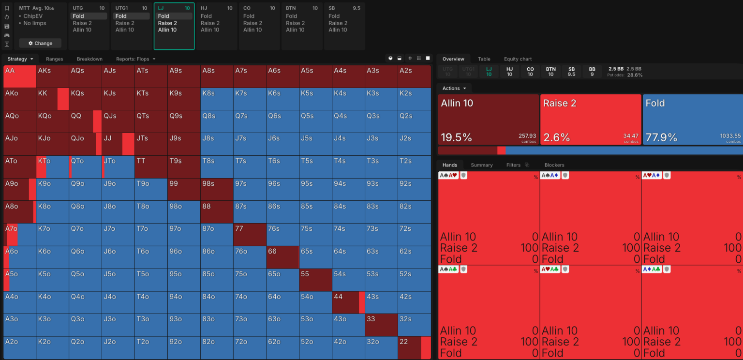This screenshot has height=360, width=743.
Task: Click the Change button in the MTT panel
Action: pos(40,43)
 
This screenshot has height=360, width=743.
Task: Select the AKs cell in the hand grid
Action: pos(52,76)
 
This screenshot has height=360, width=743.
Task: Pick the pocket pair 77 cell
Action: pos(250,235)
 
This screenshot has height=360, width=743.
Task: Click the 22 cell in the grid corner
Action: pos(414,348)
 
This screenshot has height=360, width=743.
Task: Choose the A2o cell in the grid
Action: pos(19,348)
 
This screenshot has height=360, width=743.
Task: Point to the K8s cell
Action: pos(217,99)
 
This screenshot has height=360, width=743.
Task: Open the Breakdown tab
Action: pos(89,59)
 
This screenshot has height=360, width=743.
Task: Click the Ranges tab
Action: pos(55,59)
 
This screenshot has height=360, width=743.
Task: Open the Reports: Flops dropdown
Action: pos(135,59)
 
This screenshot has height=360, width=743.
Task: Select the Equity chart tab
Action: pos(518,59)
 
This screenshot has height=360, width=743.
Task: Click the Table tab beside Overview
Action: pos(484,59)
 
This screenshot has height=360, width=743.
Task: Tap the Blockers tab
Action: pos(554,165)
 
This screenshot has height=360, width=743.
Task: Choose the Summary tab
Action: pos(482,165)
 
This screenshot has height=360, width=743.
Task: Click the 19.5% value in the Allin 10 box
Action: pos(456,137)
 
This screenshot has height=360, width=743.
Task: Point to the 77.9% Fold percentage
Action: pos(661,137)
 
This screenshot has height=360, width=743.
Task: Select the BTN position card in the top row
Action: pos(302,26)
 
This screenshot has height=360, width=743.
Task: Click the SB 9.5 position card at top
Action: pos(344,26)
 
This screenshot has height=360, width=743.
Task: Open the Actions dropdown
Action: pos(454,89)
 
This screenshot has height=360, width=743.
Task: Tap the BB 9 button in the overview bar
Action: pos(592,72)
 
